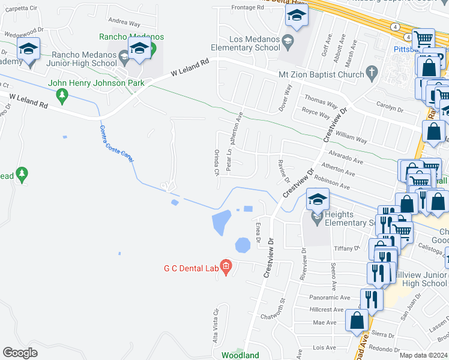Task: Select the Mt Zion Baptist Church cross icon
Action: (372, 74)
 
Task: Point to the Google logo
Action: (20, 353)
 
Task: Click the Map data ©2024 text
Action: (424, 355)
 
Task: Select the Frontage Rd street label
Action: (247, 8)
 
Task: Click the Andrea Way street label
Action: (125, 24)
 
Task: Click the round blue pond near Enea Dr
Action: (243, 245)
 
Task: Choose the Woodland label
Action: (240, 355)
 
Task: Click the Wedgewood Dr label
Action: (22, 29)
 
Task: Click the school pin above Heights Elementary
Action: (318, 199)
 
